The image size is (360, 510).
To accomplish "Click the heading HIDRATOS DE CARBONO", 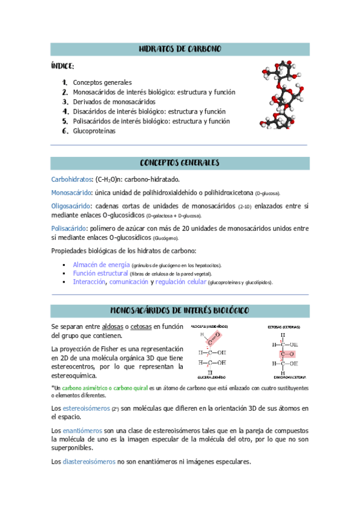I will click(180, 49).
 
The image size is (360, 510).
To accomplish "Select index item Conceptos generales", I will click(102, 82).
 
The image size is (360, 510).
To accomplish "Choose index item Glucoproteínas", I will click(94, 131).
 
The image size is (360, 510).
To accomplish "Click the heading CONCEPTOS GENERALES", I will click(180, 163).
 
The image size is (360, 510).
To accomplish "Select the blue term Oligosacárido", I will click(70, 206).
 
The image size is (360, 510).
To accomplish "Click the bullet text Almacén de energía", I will click(101, 265).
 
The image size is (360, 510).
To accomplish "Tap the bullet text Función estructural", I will click(100, 273).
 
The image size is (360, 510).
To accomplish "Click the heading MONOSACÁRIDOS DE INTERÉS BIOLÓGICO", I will click(180, 310).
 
